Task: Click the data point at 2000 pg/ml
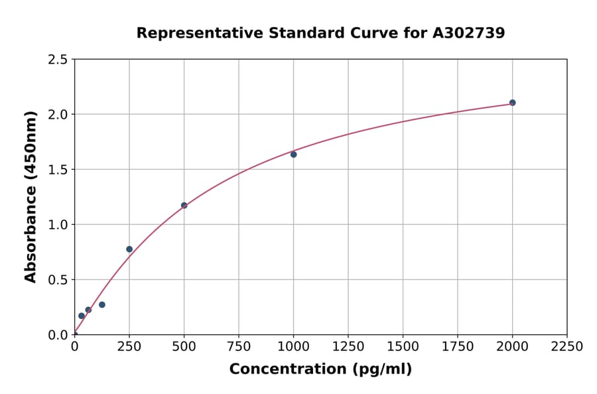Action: pos(512,103)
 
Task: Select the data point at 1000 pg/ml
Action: pos(293,155)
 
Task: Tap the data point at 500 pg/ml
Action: pos(184,206)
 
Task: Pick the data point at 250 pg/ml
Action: pos(129,249)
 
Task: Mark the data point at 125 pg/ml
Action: pos(102,305)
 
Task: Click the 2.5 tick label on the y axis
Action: pos(58,60)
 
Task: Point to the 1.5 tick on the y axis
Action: pos(58,170)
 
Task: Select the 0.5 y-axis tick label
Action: pos(58,280)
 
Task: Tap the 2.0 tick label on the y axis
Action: pos(58,115)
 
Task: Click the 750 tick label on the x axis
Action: pos(239,347)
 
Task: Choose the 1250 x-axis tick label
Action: pos(348,347)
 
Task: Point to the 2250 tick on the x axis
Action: pos(567,347)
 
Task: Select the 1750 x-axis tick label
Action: pos(458,347)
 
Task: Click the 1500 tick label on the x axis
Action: pos(403,347)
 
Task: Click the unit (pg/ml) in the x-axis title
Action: pos(383,369)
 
